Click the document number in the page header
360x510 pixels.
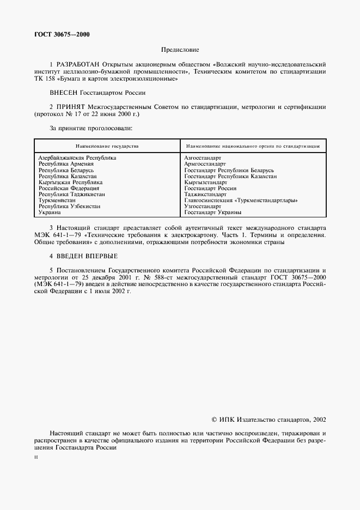click(x=62, y=34)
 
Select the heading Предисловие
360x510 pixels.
click(x=179, y=49)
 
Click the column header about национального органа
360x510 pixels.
click(x=252, y=146)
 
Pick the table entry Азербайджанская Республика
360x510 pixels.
click(x=77, y=157)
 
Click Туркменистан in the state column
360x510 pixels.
click(x=57, y=201)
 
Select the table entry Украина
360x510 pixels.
click(x=50, y=212)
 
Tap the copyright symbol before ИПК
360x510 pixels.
click(x=214, y=420)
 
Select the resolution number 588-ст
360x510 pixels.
click(x=159, y=277)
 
